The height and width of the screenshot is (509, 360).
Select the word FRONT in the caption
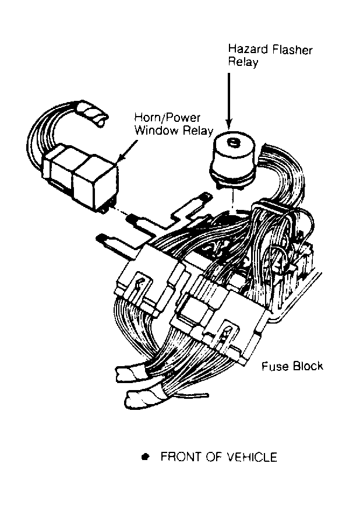(178, 457)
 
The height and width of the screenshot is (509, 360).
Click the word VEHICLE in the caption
(252, 457)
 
